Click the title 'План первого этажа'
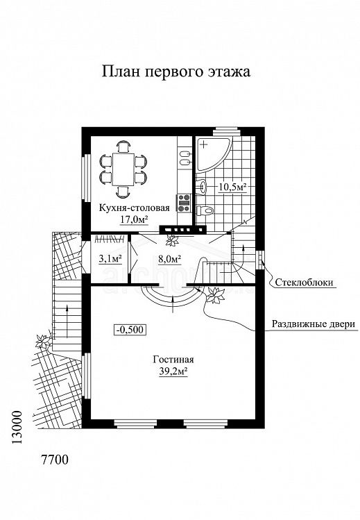coord(175,72)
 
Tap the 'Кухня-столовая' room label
coord(135,208)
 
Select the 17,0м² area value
coord(134,219)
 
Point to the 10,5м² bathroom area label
coord(232,187)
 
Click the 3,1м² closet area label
coord(110,258)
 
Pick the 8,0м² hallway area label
coord(169,258)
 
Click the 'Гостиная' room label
coord(173,360)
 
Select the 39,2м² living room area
coord(173,371)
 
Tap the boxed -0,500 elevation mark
coord(130,330)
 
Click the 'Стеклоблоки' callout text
coord(304,283)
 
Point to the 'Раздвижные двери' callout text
coord(314,324)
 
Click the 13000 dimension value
coord(17,428)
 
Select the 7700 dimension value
coord(54,460)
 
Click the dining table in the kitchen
coord(123,169)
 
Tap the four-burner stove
coord(185,203)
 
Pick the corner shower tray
coord(213,155)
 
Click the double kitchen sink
coord(185,158)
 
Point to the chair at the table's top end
coord(123,146)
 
